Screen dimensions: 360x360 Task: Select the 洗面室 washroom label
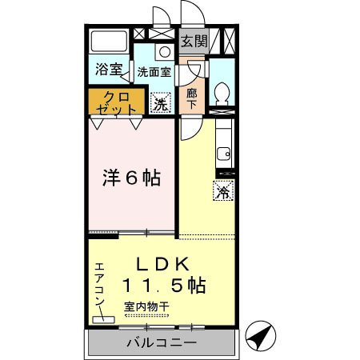[154, 70]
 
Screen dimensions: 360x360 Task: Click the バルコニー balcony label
[162, 343]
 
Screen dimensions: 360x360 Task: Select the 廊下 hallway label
[192, 98]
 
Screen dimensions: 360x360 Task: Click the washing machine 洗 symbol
[161, 104]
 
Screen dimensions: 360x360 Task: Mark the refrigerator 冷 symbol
[223, 192]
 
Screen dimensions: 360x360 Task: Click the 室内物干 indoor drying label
[146, 306]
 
